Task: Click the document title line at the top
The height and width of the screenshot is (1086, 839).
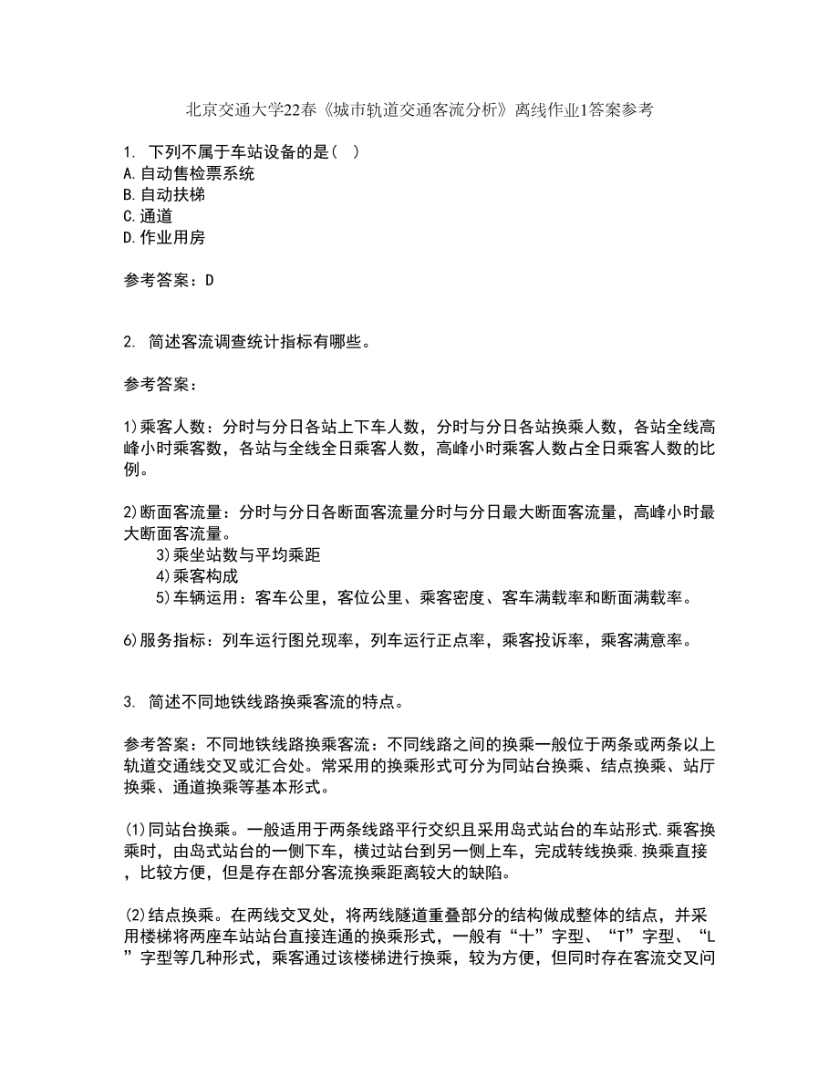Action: coord(419,110)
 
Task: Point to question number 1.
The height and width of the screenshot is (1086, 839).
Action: coord(128,151)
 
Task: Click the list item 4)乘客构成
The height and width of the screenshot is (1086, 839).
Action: coord(197,576)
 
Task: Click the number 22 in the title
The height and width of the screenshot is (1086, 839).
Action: coord(291,110)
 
